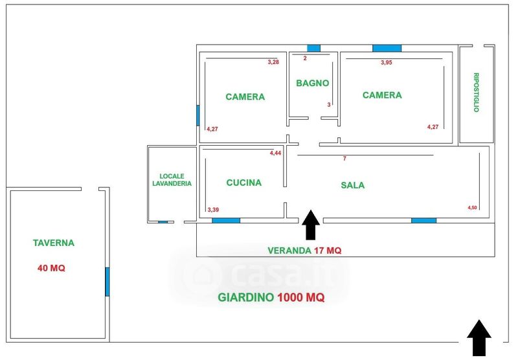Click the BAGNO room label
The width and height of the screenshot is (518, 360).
click(x=313, y=83)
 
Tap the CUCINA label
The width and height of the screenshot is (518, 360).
click(x=244, y=183)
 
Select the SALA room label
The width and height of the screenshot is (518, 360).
click(x=353, y=185)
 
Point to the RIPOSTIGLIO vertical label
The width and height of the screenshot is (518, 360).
click(x=476, y=92)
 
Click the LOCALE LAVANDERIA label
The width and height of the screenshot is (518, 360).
click(x=172, y=179)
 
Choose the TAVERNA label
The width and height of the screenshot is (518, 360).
click(x=54, y=243)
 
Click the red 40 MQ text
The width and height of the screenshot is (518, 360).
click(x=51, y=267)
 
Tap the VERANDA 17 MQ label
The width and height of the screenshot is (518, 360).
click(x=304, y=250)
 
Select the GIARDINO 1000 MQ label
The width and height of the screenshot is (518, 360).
click(x=271, y=298)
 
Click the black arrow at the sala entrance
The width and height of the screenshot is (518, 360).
click(x=310, y=225)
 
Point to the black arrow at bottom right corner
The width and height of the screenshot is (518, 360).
click(x=479, y=337)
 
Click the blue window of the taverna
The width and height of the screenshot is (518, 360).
click(x=107, y=281)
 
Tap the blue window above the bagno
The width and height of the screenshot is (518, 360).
click(x=313, y=48)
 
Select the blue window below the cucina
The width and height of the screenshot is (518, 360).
click(x=226, y=221)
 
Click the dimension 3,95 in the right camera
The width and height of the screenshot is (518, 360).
click(x=387, y=63)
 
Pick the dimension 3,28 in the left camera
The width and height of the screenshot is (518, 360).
click(x=273, y=63)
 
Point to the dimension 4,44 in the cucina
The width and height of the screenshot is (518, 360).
click(x=276, y=153)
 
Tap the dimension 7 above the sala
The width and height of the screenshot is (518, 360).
click(x=345, y=159)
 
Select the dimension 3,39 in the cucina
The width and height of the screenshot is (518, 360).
click(x=212, y=210)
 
